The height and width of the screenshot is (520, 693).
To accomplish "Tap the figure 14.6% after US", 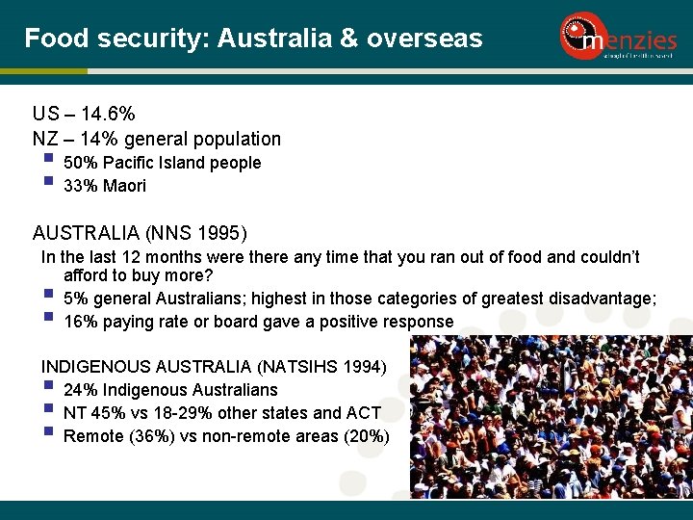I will [108, 116].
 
